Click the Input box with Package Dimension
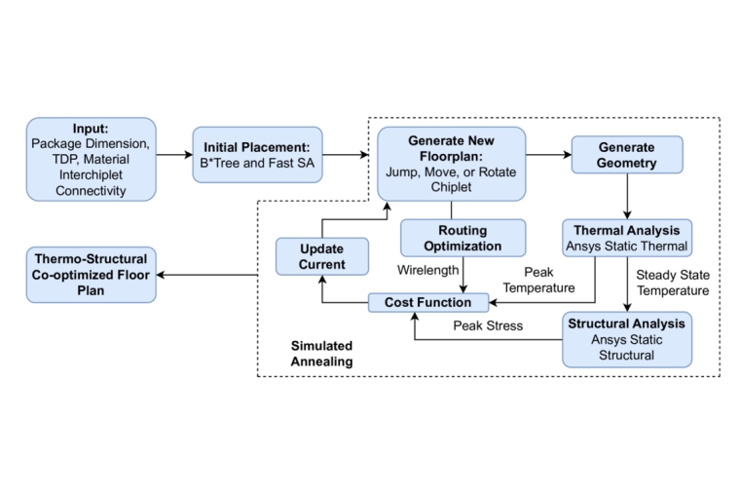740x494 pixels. tap(91, 160)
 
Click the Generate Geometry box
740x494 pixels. tap(626, 155)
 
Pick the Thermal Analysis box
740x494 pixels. tap(627, 238)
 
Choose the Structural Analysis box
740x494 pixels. tap(626, 338)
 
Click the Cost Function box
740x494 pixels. tap(427, 303)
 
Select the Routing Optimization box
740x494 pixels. tap(462, 238)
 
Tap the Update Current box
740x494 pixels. tap(321, 256)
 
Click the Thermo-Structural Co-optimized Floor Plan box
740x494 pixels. tap(91, 274)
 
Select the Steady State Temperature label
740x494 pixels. tap(673, 282)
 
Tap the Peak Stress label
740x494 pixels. tap(488, 324)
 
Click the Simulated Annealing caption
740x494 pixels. tap(321, 354)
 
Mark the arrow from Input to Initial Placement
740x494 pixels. tap(173, 155)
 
